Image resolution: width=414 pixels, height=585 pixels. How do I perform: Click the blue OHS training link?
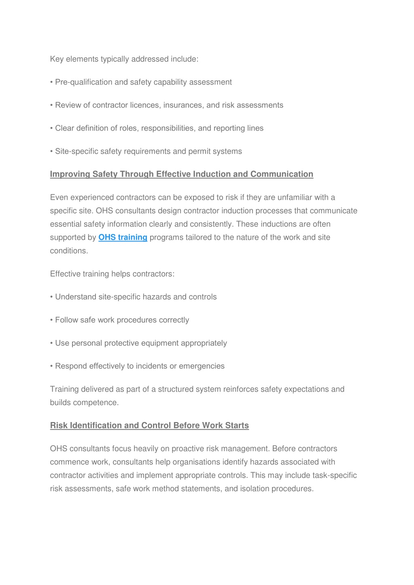click(x=123, y=237)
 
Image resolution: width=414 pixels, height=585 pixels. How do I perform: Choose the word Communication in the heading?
click(x=282, y=174)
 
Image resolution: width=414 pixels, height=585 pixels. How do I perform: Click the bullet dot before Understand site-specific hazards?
click(x=52, y=297)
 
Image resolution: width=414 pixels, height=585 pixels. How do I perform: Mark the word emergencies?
click(x=202, y=366)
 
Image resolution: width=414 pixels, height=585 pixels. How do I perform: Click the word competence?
click(x=100, y=403)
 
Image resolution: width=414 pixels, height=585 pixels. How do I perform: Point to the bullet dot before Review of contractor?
click(x=52, y=106)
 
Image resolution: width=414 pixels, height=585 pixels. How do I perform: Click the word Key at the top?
click(x=57, y=59)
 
